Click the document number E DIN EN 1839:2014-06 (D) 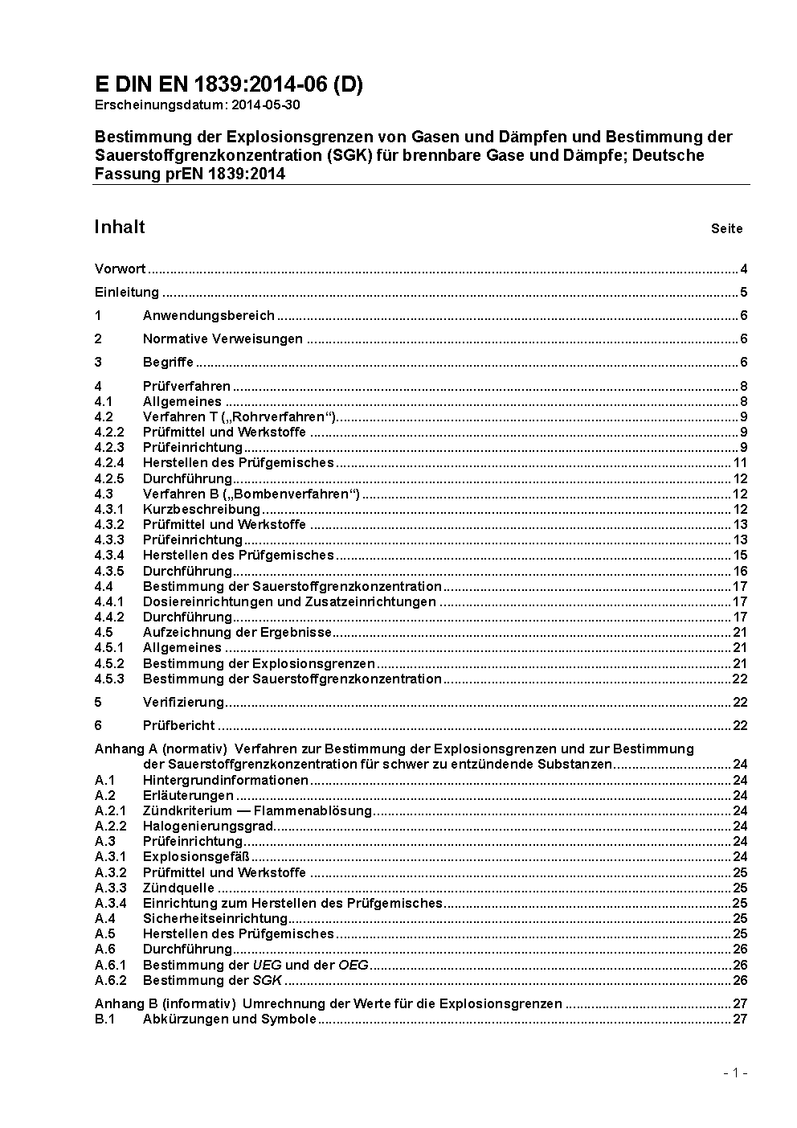[228, 84]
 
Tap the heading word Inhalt [120, 227]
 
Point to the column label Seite [726, 228]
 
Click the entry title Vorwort [120, 269]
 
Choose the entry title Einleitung [127, 292]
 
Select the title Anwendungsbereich [209, 315]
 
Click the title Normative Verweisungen [223, 338]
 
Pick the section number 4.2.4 [109, 462]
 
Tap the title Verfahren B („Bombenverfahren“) [251, 494]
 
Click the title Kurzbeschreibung [202, 509]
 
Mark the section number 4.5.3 [109, 679]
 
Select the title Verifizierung [183, 702]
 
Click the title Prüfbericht [178, 725]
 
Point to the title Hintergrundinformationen [225, 780]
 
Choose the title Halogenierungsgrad [208, 826]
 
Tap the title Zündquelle [178, 888]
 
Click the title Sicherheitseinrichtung [215, 918]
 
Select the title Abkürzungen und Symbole [229, 1019]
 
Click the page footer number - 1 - [735, 1073]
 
